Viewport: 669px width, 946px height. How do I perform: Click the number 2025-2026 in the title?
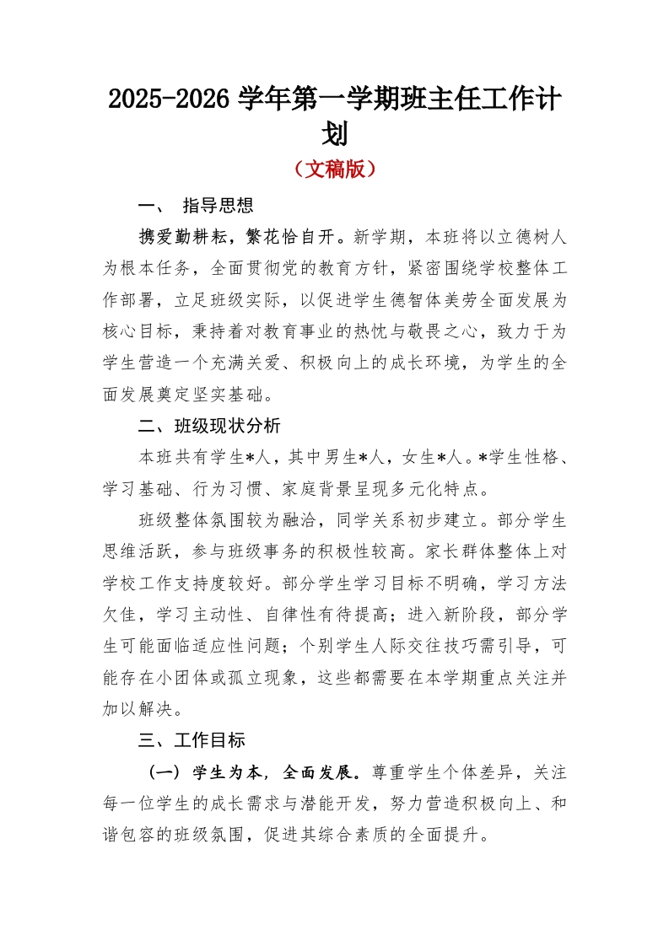pos(168,99)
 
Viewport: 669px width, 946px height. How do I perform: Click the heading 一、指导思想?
pos(196,206)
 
